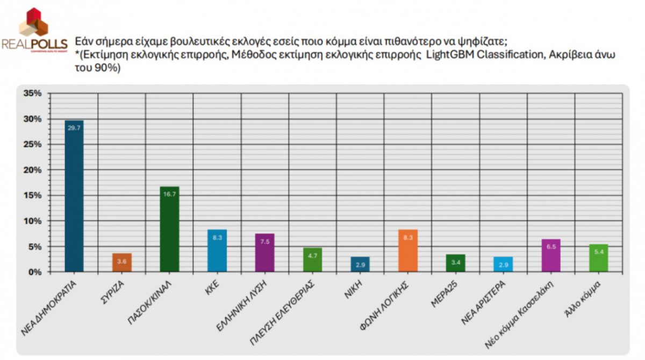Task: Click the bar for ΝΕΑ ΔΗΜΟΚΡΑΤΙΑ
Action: click(74, 196)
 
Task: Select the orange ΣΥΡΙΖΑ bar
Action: click(122, 262)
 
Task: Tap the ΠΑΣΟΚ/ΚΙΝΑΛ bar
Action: click(170, 229)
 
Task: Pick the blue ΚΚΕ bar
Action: click(218, 250)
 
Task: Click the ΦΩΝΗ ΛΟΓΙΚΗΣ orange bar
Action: click(408, 250)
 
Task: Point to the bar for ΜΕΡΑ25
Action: click(456, 263)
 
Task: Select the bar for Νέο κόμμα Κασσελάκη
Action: click(551, 255)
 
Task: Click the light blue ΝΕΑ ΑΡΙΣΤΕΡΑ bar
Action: click(504, 264)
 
